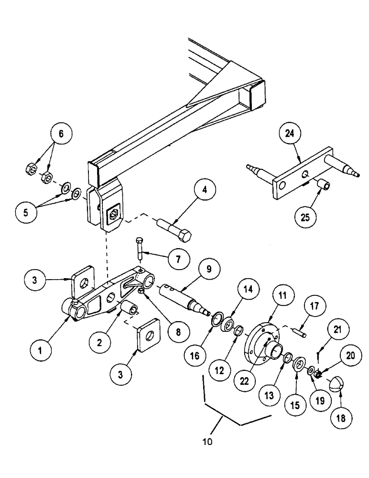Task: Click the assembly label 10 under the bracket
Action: (x=207, y=442)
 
